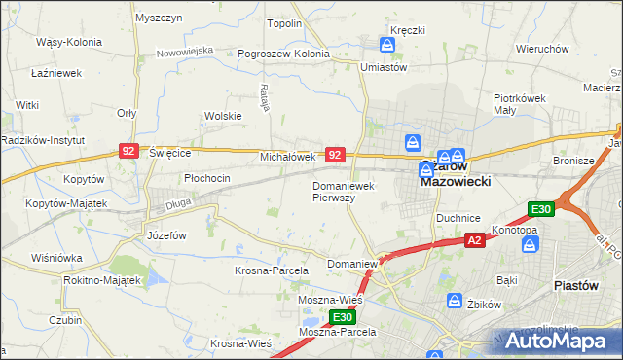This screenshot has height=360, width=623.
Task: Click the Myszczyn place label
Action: (160, 18)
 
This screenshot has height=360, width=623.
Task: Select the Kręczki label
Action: (408, 30)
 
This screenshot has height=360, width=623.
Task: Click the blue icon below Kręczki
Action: (385, 44)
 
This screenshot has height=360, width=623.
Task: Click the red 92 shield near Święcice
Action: (129, 151)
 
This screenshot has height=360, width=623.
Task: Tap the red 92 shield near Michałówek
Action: (335, 155)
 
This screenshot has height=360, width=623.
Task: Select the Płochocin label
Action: (207, 178)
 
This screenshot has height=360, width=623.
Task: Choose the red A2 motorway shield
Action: (474, 240)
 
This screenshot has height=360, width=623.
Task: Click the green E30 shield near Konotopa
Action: (541, 209)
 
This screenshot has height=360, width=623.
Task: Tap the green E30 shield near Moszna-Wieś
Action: (342, 317)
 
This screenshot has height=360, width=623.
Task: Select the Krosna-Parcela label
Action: (272, 270)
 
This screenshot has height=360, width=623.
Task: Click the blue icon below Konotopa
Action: (530, 246)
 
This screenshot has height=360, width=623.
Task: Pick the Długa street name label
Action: (176, 202)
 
